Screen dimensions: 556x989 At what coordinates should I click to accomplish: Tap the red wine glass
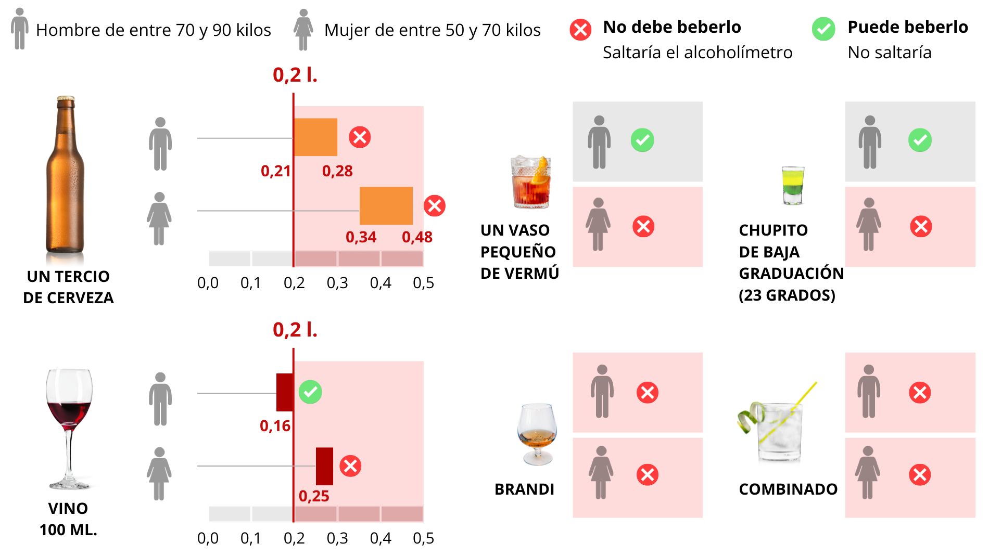point(69,416)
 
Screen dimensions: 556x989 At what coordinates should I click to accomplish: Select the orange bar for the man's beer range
point(315,137)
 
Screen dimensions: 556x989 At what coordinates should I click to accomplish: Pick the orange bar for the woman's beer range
point(386,205)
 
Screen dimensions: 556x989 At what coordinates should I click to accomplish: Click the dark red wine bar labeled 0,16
point(285,392)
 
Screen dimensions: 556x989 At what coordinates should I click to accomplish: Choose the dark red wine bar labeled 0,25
point(324,466)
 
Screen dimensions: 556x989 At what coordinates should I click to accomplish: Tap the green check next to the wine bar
point(310,392)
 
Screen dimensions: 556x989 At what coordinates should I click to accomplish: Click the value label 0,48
point(417,237)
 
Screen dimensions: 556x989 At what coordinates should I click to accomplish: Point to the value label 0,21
point(275,171)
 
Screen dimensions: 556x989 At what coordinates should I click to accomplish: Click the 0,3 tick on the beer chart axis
point(337,283)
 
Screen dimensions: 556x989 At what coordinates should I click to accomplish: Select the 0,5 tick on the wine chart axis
point(423,538)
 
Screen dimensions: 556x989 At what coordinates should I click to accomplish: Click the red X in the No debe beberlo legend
point(580,30)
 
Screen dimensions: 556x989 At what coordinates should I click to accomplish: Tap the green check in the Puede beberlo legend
point(823,29)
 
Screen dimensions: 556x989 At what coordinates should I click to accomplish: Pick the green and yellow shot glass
point(793,185)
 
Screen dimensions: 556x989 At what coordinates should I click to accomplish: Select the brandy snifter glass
point(537,433)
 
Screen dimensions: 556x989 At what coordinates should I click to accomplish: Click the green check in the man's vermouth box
point(642,140)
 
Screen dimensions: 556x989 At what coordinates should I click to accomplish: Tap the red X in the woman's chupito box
point(921,227)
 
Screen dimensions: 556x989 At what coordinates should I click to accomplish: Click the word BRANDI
point(524,489)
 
